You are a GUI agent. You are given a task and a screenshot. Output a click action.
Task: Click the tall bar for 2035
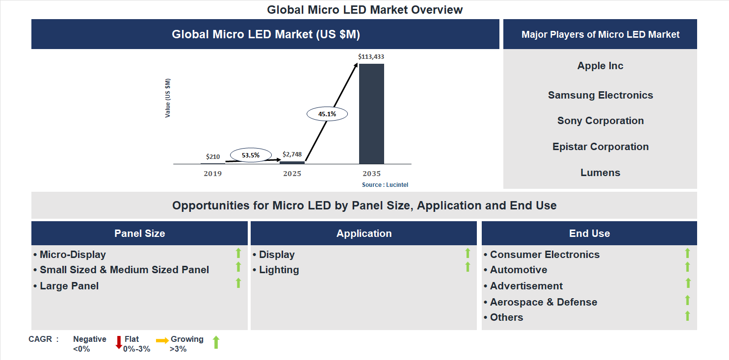[x=371, y=114]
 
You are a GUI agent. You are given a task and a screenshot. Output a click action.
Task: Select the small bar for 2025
[x=292, y=162]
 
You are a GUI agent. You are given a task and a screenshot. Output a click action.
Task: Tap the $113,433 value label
[x=371, y=57]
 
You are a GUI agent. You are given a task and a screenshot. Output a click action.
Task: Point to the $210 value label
[x=213, y=156]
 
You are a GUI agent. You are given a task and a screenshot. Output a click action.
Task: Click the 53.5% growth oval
[x=250, y=155]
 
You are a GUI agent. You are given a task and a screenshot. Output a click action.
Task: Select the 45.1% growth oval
[x=327, y=114]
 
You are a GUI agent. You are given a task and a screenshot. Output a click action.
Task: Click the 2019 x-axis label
[x=213, y=174]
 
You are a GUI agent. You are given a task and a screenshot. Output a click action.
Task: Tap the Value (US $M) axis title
[x=168, y=98]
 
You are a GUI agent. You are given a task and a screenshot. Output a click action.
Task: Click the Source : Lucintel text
[x=385, y=185]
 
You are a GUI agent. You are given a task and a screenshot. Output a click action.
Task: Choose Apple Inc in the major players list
[x=600, y=66]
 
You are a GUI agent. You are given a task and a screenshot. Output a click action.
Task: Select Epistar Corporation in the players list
[x=600, y=147]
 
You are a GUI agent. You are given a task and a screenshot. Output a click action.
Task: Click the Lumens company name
[x=600, y=173]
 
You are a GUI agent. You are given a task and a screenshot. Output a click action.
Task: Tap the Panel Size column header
[x=139, y=233]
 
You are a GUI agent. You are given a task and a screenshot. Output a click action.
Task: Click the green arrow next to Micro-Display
[x=238, y=253]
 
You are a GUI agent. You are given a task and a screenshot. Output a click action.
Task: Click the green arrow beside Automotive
[x=687, y=267]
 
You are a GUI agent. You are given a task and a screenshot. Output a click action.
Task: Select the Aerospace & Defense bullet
[x=543, y=302]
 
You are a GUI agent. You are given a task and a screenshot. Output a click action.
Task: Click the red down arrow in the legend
[x=119, y=342]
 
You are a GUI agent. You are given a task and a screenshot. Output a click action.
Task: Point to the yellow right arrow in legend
[x=162, y=340]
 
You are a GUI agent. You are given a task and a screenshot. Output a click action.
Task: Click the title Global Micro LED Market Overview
[x=364, y=9]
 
